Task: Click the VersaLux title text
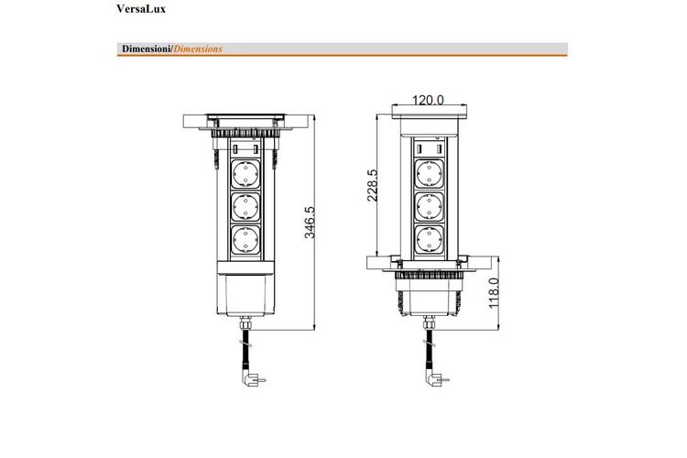pyautogui.click(x=141, y=9)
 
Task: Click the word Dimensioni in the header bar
pyautogui.click(x=147, y=49)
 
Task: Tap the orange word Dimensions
pyautogui.click(x=198, y=49)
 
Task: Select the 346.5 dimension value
pyautogui.click(x=310, y=223)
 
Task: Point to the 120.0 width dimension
pyautogui.click(x=428, y=100)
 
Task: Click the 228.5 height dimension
pyautogui.click(x=372, y=185)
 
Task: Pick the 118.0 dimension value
pyautogui.click(x=494, y=293)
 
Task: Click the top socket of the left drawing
pyautogui.click(x=245, y=174)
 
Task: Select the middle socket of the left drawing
pyautogui.click(x=245, y=207)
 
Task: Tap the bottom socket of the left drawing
pyautogui.click(x=245, y=240)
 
